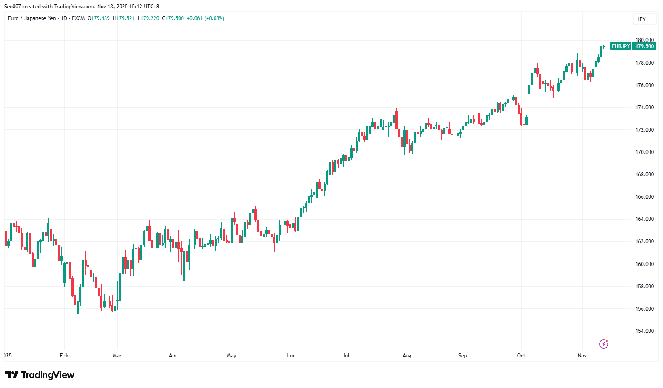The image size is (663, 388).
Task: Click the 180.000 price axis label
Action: (x=644, y=40)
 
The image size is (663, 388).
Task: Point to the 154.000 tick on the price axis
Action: (x=644, y=331)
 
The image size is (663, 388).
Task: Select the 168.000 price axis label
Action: (x=644, y=175)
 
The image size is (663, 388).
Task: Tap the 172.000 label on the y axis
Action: (x=644, y=130)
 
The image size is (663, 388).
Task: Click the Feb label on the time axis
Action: (x=64, y=356)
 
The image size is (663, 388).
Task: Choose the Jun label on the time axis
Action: (x=290, y=356)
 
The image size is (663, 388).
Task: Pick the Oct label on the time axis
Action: (x=521, y=356)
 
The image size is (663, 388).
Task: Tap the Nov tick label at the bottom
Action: (x=582, y=356)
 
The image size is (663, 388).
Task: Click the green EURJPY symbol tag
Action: (x=621, y=46)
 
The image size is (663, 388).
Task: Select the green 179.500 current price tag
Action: (x=644, y=46)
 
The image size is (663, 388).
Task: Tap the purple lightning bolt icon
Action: (x=603, y=344)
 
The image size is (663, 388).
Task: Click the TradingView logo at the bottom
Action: (x=40, y=375)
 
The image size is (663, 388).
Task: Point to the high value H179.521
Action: (x=124, y=18)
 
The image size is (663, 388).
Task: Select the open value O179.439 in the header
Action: (x=99, y=18)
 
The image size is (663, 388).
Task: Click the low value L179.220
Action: (x=148, y=18)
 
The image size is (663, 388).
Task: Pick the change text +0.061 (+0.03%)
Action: (x=205, y=18)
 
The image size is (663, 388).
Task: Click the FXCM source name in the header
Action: (x=78, y=18)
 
